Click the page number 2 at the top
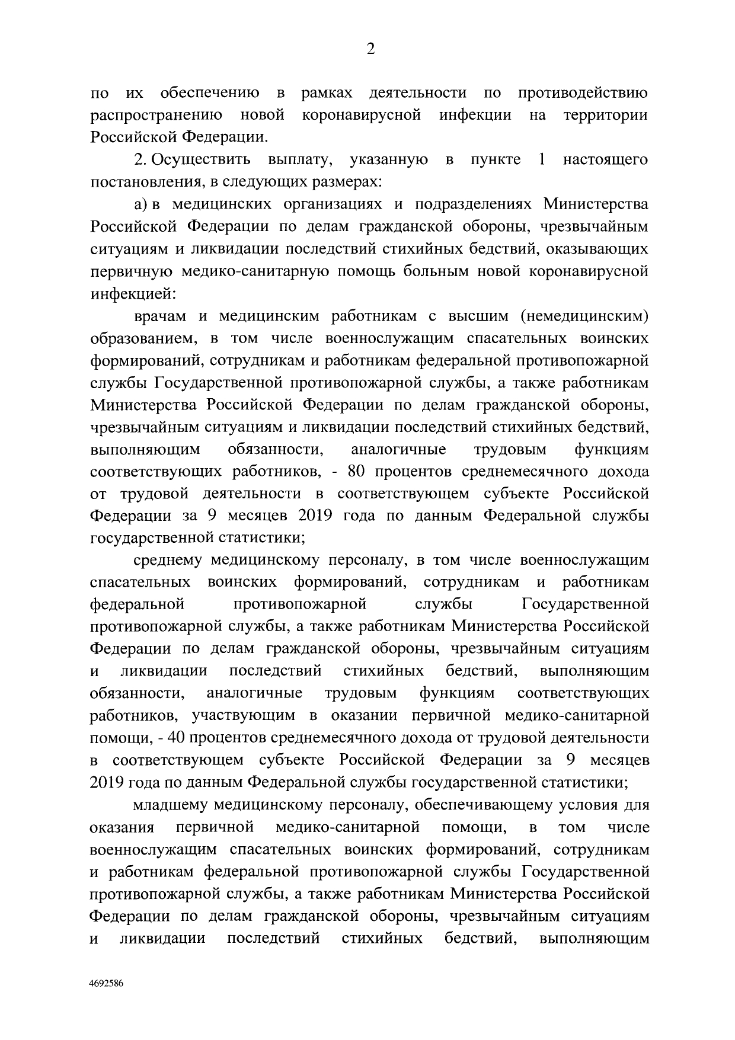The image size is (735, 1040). point(370,50)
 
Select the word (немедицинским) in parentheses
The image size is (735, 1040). point(584,316)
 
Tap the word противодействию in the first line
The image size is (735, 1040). point(583,94)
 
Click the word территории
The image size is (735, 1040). point(606,116)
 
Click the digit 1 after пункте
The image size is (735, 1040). point(542,160)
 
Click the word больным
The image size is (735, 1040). point(432,271)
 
